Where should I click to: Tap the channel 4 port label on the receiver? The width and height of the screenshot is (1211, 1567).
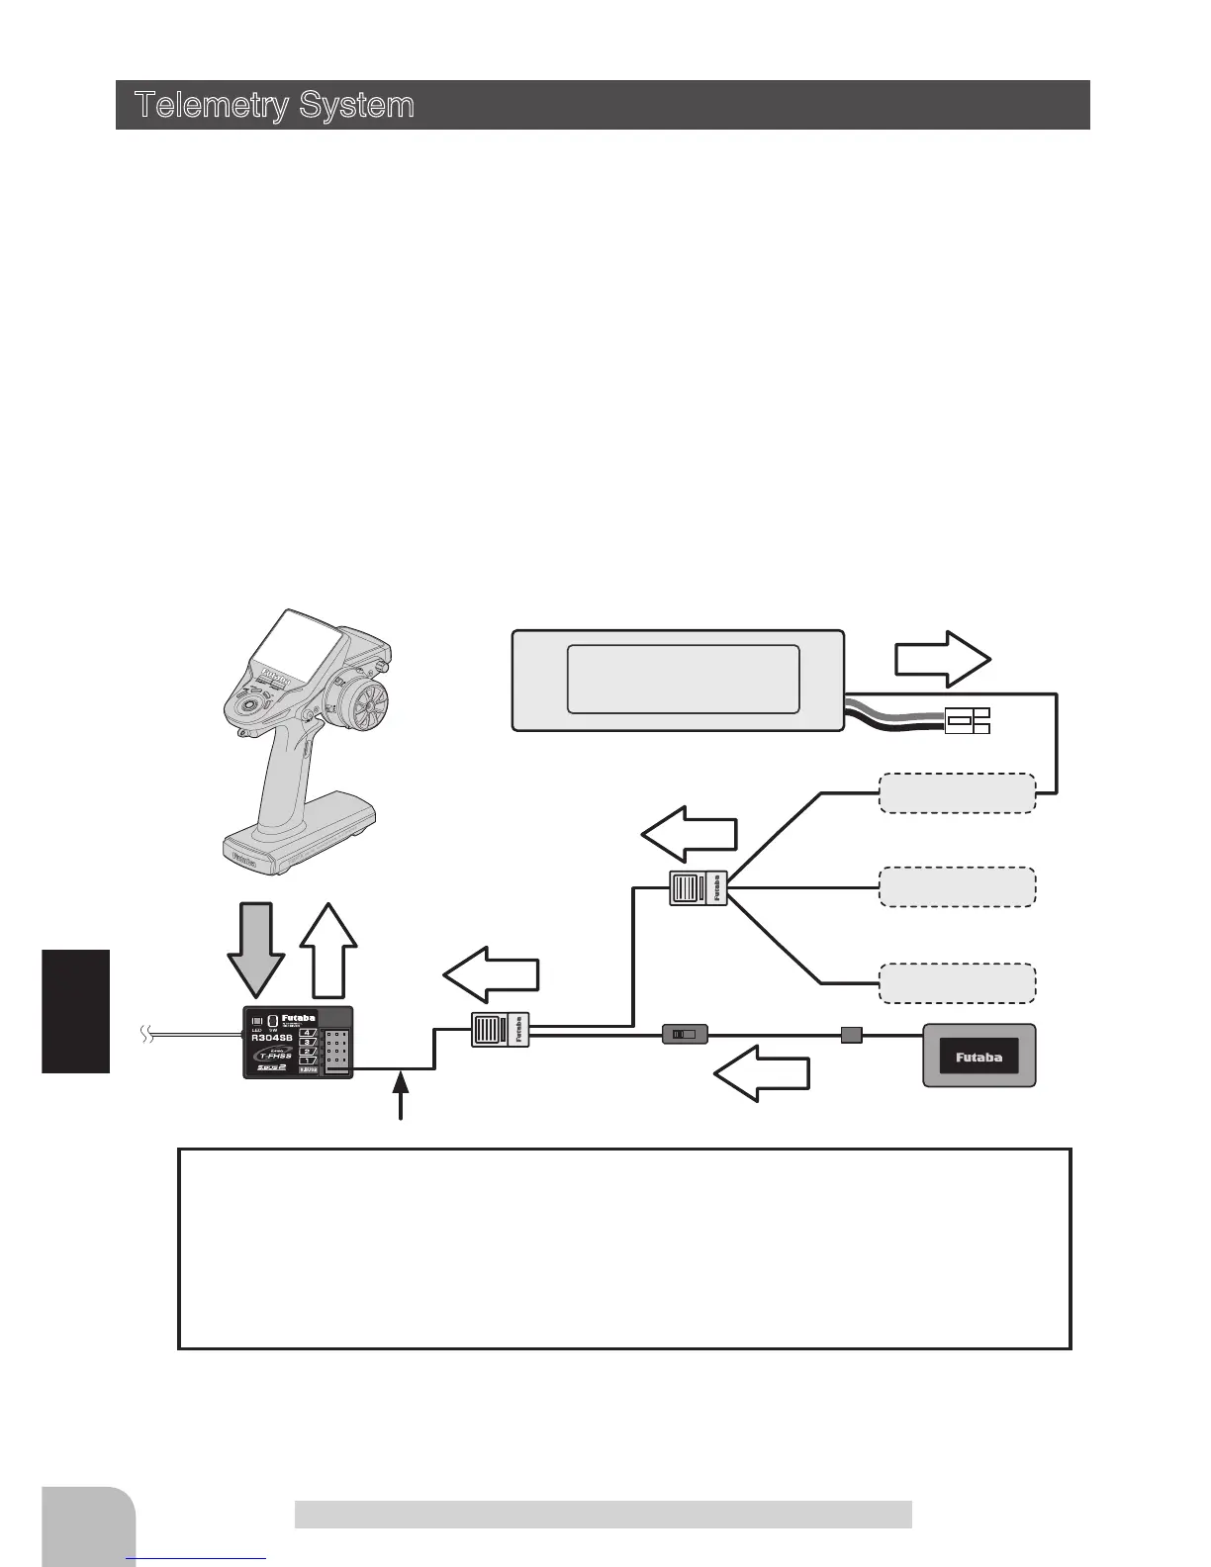307,1033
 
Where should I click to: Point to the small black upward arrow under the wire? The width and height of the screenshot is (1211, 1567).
401,1097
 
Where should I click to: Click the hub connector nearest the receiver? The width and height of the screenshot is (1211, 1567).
501,1030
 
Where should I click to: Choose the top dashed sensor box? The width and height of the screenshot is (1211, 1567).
957,793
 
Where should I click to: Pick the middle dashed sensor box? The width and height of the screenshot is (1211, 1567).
957,886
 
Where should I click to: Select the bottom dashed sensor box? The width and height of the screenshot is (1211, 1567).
957,982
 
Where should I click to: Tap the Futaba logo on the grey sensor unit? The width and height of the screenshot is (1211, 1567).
978,1058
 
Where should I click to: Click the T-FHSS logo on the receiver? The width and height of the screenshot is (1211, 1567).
269,1054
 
